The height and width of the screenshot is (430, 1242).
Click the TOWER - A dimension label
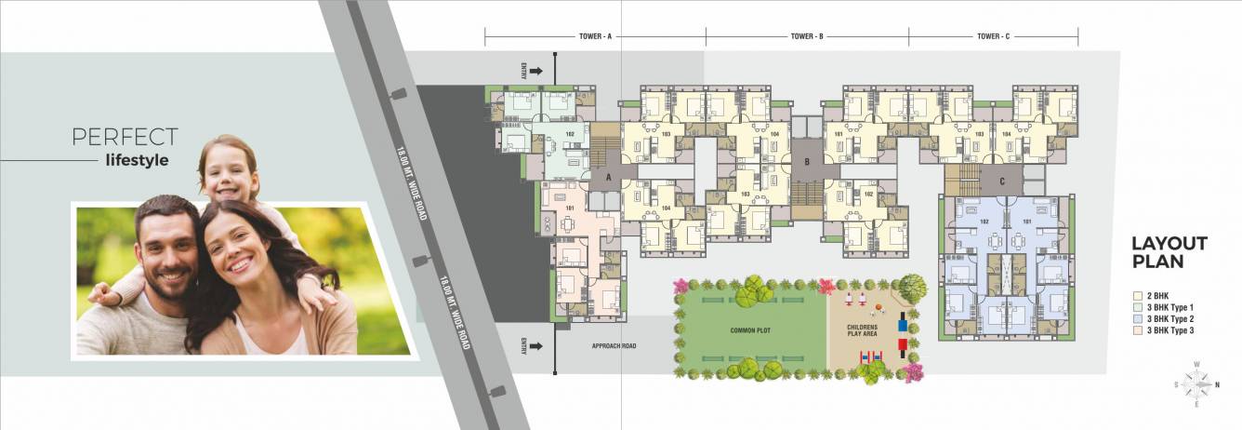[x=595, y=37]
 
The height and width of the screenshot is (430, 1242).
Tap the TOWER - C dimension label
[x=993, y=37]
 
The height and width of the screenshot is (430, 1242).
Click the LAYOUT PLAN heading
[x=1169, y=252]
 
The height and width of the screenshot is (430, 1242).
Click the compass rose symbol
[x=1197, y=382]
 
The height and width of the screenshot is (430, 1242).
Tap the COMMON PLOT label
[x=749, y=329]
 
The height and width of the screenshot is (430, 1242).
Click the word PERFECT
[x=125, y=137]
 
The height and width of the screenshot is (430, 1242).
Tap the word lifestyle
[x=137, y=160]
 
